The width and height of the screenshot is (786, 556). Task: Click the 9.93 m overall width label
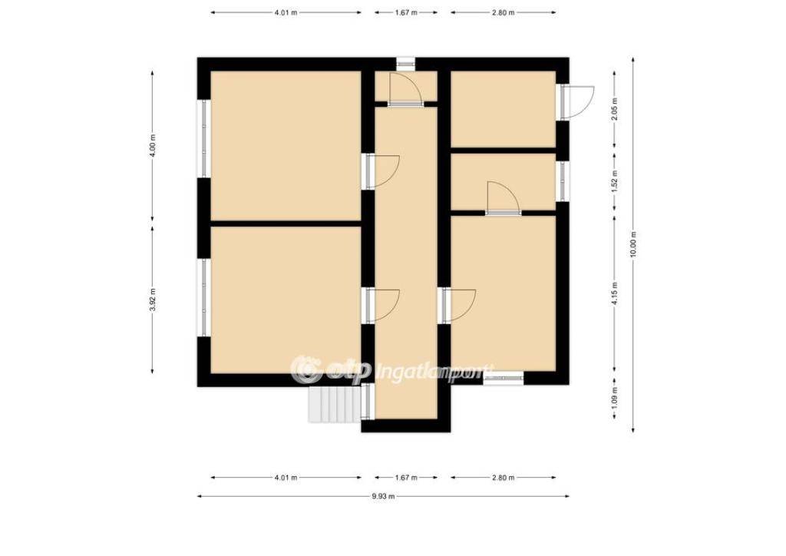[x=384, y=496]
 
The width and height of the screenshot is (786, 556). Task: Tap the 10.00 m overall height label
[x=633, y=244]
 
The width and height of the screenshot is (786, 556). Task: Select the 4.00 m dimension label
[x=153, y=145]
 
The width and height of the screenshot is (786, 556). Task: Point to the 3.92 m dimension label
[x=153, y=300]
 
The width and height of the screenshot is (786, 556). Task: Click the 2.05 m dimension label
[x=615, y=109]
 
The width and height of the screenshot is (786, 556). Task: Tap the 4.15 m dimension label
[x=615, y=293]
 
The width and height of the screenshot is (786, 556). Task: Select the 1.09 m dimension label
[x=615, y=396]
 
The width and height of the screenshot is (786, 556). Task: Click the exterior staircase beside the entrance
[x=335, y=404]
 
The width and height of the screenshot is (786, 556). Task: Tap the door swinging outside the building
[x=577, y=103]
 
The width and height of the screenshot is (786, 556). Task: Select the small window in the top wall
[x=405, y=64]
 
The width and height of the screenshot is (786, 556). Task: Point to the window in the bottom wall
[x=504, y=378]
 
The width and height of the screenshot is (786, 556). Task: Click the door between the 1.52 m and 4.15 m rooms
[x=504, y=199]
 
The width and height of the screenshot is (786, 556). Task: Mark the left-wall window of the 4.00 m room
[x=203, y=139]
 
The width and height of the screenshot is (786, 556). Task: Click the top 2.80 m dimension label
[x=504, y=12]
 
